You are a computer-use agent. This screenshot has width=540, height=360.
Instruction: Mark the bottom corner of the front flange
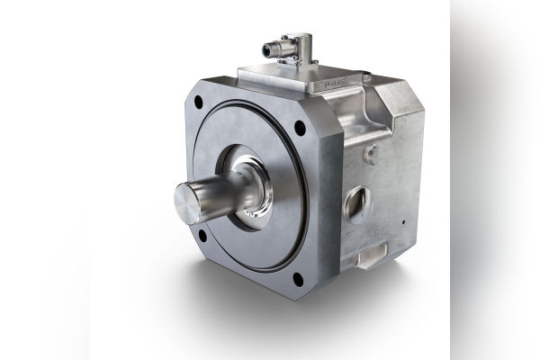tap(298, 296)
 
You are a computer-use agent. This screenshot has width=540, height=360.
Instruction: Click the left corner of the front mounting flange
tap(185, 162)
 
